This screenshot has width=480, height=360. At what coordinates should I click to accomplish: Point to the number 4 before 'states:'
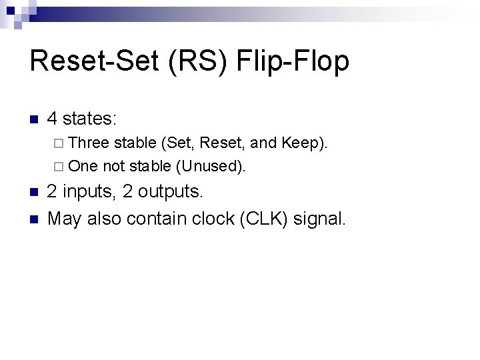coord(55,120)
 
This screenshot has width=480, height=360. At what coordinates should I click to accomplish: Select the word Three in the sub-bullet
coord(89,143)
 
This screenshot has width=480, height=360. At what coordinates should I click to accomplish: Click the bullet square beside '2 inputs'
coord(35,193)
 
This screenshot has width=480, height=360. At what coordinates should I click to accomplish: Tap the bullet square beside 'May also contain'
coord(35,217)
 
